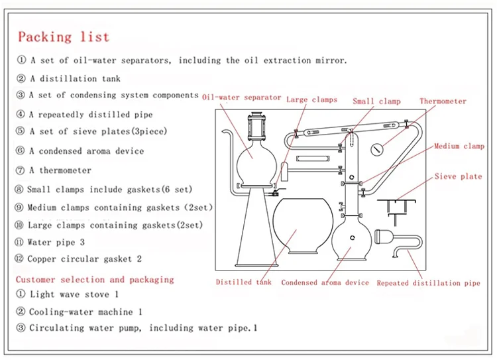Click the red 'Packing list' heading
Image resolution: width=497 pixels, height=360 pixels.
64,36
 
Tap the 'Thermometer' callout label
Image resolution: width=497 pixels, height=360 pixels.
443,101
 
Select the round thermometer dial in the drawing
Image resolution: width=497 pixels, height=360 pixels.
377,149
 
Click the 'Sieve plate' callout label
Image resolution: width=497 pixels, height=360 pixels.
458,176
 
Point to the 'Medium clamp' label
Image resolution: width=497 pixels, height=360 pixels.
459,147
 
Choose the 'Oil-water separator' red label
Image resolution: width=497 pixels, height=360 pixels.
241,97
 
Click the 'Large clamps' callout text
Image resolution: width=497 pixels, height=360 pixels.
311,99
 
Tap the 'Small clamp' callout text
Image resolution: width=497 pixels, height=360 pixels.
376,101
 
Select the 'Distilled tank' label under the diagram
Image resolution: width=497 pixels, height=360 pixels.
244,282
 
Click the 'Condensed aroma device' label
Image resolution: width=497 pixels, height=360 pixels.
325,282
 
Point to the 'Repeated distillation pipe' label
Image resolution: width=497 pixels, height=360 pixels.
428,282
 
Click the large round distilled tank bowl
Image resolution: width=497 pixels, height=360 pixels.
303,226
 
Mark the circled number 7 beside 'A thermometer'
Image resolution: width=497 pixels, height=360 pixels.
20,170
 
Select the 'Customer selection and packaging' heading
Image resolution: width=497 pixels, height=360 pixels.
95,279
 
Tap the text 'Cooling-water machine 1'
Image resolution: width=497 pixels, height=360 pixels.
85,312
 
